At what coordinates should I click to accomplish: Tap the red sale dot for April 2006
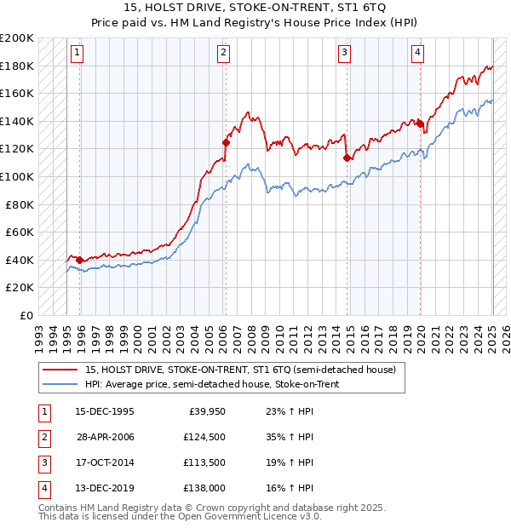click(226, 142)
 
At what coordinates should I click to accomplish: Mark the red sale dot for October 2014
click(347, 158)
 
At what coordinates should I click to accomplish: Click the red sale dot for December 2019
click(420, 123)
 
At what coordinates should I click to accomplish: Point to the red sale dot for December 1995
click(79, 260)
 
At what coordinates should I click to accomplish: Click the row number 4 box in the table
click(43, 488)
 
